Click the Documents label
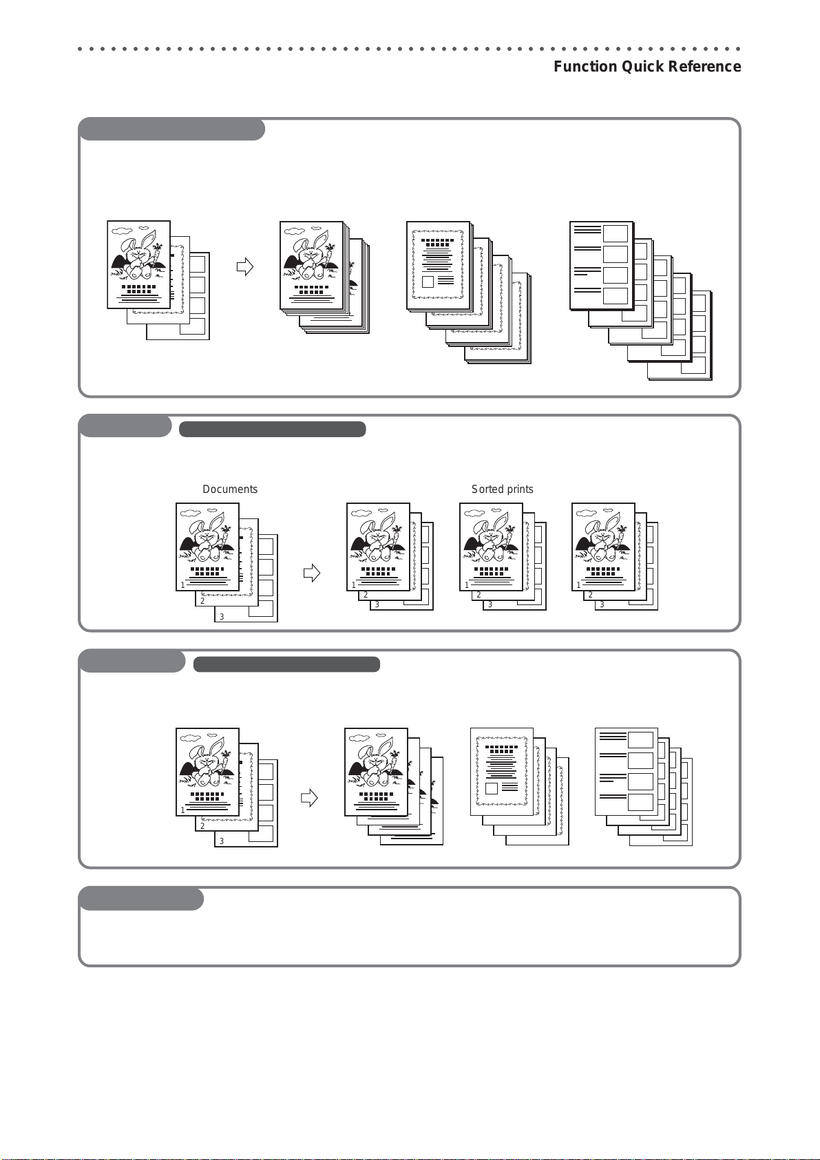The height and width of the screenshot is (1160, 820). [230, 489]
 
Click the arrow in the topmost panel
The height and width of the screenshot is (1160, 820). [245, 266]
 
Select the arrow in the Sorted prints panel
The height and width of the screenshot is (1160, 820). [312, 573]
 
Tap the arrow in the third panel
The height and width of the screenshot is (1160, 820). [309, 797]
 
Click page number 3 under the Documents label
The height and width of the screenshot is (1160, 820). [222, 617]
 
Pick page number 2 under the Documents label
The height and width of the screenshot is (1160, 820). [202, 601]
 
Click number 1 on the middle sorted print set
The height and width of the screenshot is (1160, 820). [467, 584]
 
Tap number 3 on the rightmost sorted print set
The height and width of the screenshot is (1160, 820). [602, 604]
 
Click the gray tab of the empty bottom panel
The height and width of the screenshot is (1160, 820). [141, 899]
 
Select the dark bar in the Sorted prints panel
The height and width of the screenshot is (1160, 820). [273, 430]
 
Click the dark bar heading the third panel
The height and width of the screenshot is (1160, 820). [286, 664]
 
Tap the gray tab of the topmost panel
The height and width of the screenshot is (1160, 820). [171, 129]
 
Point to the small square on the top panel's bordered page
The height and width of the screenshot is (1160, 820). [428, 282]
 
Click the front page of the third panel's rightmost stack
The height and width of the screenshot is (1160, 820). [627, 772]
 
